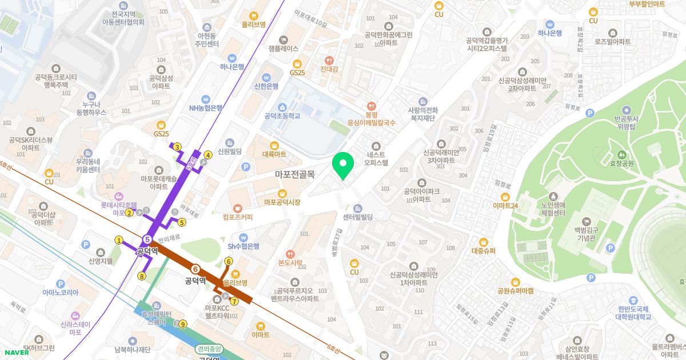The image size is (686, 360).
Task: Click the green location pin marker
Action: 342,166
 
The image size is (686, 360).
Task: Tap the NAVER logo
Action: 18,352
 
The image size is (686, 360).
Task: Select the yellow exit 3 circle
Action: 177,147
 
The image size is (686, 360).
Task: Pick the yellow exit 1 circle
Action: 119,240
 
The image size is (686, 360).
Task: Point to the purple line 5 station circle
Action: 147,239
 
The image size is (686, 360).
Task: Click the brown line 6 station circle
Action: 196,269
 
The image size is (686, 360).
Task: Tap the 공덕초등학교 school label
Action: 282,115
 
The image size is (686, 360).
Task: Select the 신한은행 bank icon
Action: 266,77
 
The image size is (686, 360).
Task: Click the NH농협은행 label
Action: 206,107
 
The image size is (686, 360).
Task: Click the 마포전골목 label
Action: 294,174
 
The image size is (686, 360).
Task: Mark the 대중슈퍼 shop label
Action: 483,251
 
